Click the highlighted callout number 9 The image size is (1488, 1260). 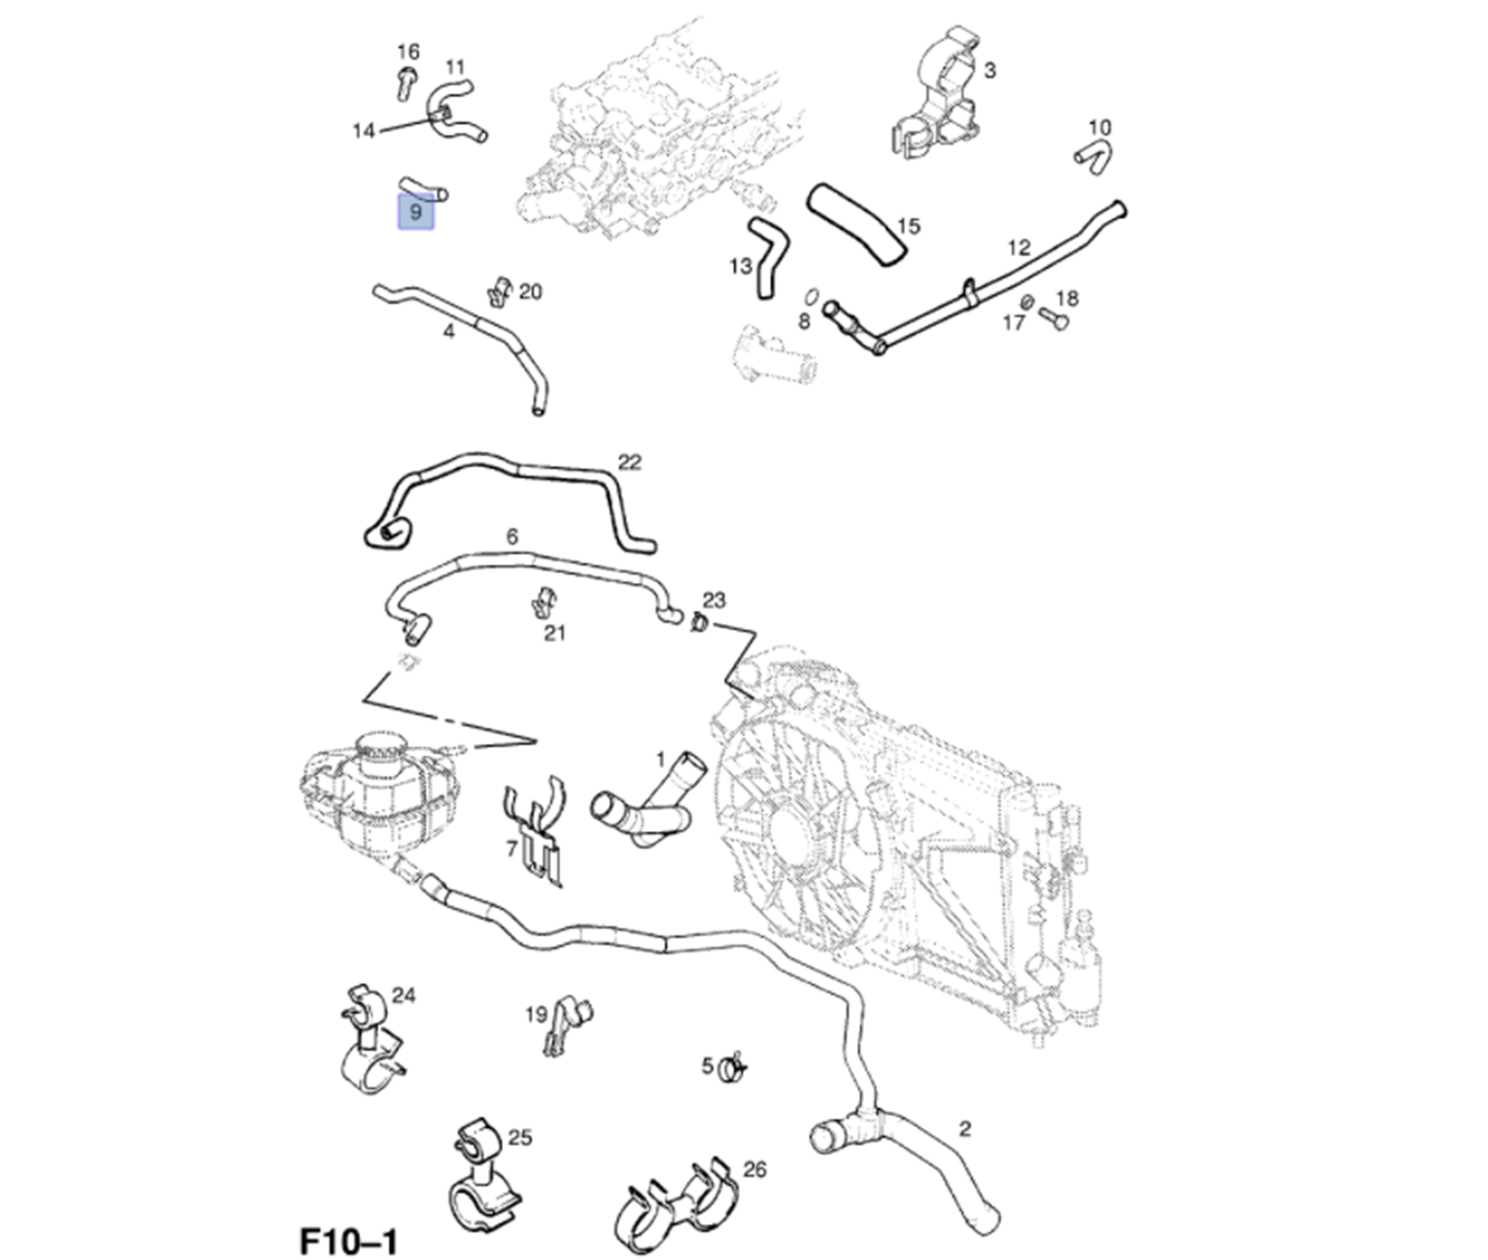(416, 212)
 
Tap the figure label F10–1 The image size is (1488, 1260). (348, 1241)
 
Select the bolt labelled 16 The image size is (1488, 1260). (405, 83)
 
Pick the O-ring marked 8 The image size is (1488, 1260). (810, 296)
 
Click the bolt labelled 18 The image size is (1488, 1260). (1054, 318)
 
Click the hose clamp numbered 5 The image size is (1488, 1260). (734, 1069)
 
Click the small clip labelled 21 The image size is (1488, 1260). (543, 601)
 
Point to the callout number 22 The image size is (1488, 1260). (629, 462)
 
